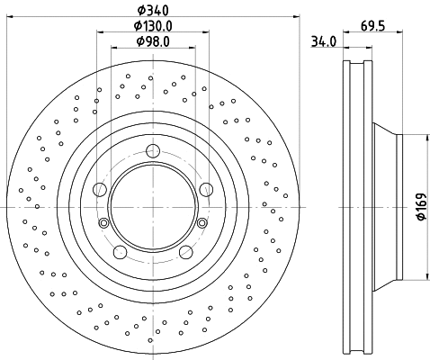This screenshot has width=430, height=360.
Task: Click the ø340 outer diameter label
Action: [154, 10]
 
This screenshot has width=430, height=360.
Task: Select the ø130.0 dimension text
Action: [154, 25]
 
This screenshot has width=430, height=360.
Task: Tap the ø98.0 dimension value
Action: [154, 40]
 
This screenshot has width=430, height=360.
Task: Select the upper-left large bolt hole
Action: [100, 189]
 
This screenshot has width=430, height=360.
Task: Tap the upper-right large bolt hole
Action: [207, 188]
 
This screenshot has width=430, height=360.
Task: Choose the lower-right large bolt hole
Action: [186, 252]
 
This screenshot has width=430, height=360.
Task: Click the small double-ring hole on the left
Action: [103, 222]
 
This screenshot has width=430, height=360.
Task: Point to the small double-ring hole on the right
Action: [204, 222]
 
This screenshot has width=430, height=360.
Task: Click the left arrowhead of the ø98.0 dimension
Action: [112, 49]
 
